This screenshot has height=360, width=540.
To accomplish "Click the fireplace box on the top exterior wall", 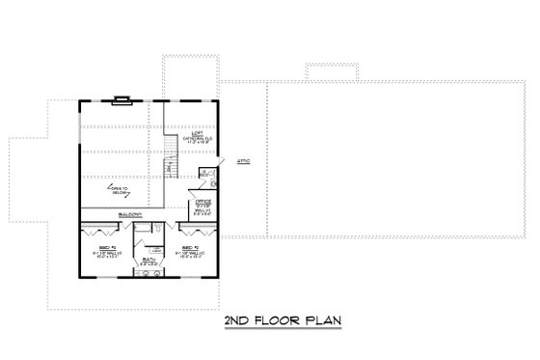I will tap(122, 97).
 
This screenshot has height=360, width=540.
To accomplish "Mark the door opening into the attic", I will tap(223, 174).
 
